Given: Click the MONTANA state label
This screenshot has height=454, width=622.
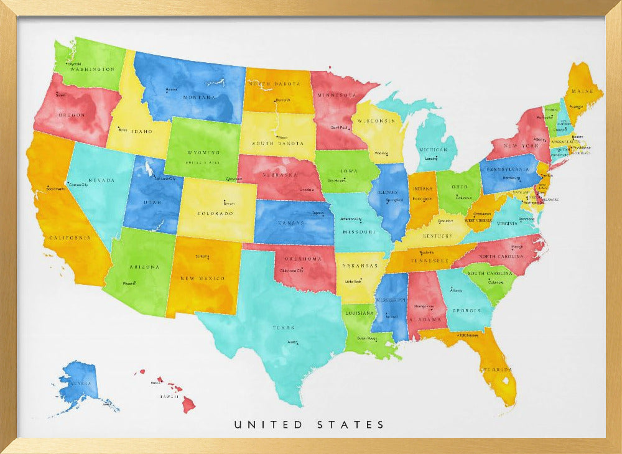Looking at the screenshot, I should (198, 98).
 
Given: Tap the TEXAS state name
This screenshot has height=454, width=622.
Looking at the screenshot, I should (283, 327).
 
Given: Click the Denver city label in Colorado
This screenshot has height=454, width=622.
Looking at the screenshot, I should (229, 203).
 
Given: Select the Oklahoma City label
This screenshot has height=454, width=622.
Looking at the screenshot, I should (292, 271).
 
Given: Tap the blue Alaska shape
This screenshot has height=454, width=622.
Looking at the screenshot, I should (81, 382).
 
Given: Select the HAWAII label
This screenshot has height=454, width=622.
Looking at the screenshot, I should (169, 396).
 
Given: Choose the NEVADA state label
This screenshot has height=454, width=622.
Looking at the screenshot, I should (101, 180).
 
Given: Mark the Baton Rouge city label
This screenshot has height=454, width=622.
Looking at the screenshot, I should (367, 338).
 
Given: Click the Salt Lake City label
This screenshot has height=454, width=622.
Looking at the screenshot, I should (165, 178).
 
